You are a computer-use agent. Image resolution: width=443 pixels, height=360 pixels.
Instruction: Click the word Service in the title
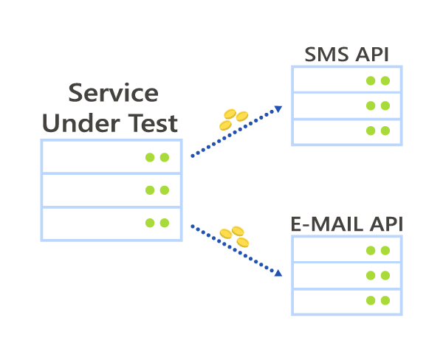113,94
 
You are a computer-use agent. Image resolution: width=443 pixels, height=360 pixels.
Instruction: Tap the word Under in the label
79,123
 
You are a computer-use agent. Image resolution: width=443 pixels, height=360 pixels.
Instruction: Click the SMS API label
346,55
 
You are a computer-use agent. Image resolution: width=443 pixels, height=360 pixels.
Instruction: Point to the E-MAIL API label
347,224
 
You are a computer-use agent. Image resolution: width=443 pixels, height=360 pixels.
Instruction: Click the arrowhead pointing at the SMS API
279,108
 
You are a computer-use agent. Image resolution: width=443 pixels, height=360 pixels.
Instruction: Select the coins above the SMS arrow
233,118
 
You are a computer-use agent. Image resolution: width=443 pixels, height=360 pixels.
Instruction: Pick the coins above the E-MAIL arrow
235,236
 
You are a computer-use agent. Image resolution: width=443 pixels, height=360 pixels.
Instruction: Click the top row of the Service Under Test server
111,156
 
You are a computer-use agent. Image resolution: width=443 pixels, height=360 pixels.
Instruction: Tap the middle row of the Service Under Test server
111,190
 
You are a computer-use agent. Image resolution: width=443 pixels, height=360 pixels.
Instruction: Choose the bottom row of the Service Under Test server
111,224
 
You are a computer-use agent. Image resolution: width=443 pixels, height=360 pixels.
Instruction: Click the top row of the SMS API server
346,80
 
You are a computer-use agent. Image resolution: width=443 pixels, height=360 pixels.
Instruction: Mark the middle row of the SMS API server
346,105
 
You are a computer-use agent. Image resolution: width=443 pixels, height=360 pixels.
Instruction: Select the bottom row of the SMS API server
346,131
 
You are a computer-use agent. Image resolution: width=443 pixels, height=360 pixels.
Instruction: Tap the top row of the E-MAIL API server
347,250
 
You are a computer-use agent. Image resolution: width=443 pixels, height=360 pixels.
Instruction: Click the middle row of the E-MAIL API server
347,275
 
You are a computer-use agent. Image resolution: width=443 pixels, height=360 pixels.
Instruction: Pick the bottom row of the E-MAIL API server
347,301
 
